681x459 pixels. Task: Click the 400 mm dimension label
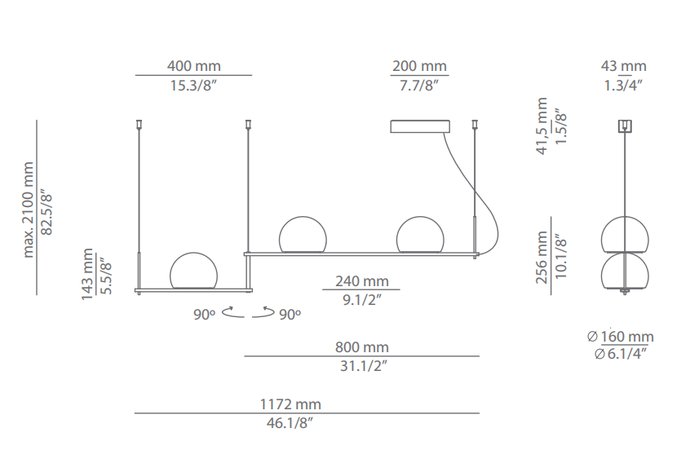(194, 66)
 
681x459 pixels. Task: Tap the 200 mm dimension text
(419, 66)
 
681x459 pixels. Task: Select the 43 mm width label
(623, 66)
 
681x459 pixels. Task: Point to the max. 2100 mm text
(29, 210)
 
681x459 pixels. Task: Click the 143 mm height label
(87, 274)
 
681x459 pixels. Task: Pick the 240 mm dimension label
(362, 281)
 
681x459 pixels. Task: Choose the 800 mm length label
(362, 347)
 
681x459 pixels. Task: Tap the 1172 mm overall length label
(290, 404)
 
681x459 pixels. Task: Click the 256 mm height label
(542, 258)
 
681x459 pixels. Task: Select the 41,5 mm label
(542, 126)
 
